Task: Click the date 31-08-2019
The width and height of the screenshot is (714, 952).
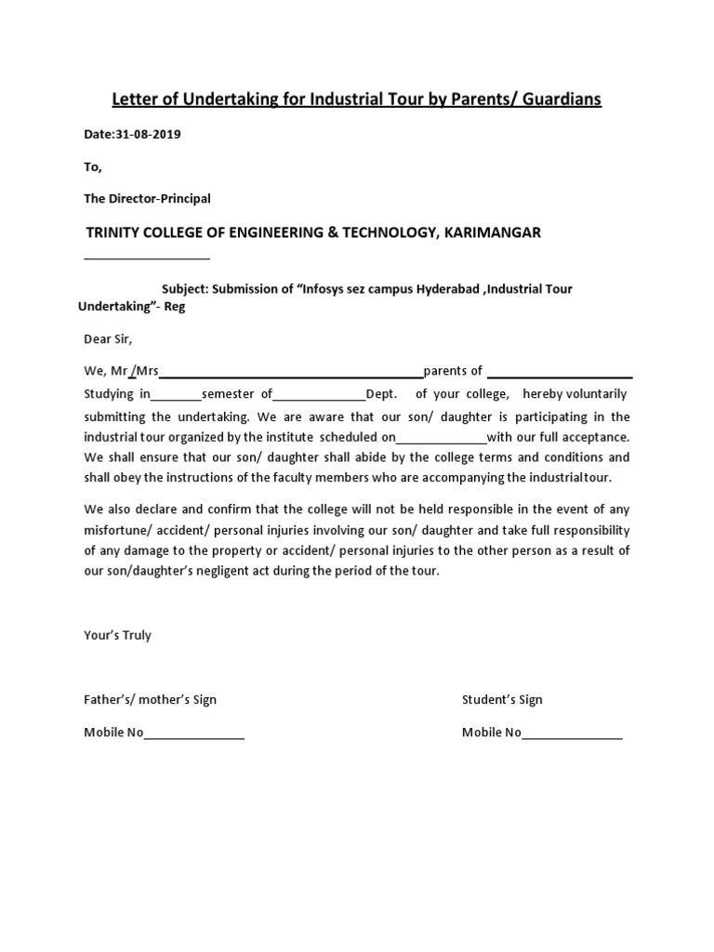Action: (x=148, y=134)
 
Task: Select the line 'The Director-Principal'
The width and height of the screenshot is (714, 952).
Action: (x=147, y=199)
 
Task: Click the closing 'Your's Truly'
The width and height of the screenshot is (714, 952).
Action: (x=117, y=636)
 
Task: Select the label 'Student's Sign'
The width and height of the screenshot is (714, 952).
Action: (x=502, y=700)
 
